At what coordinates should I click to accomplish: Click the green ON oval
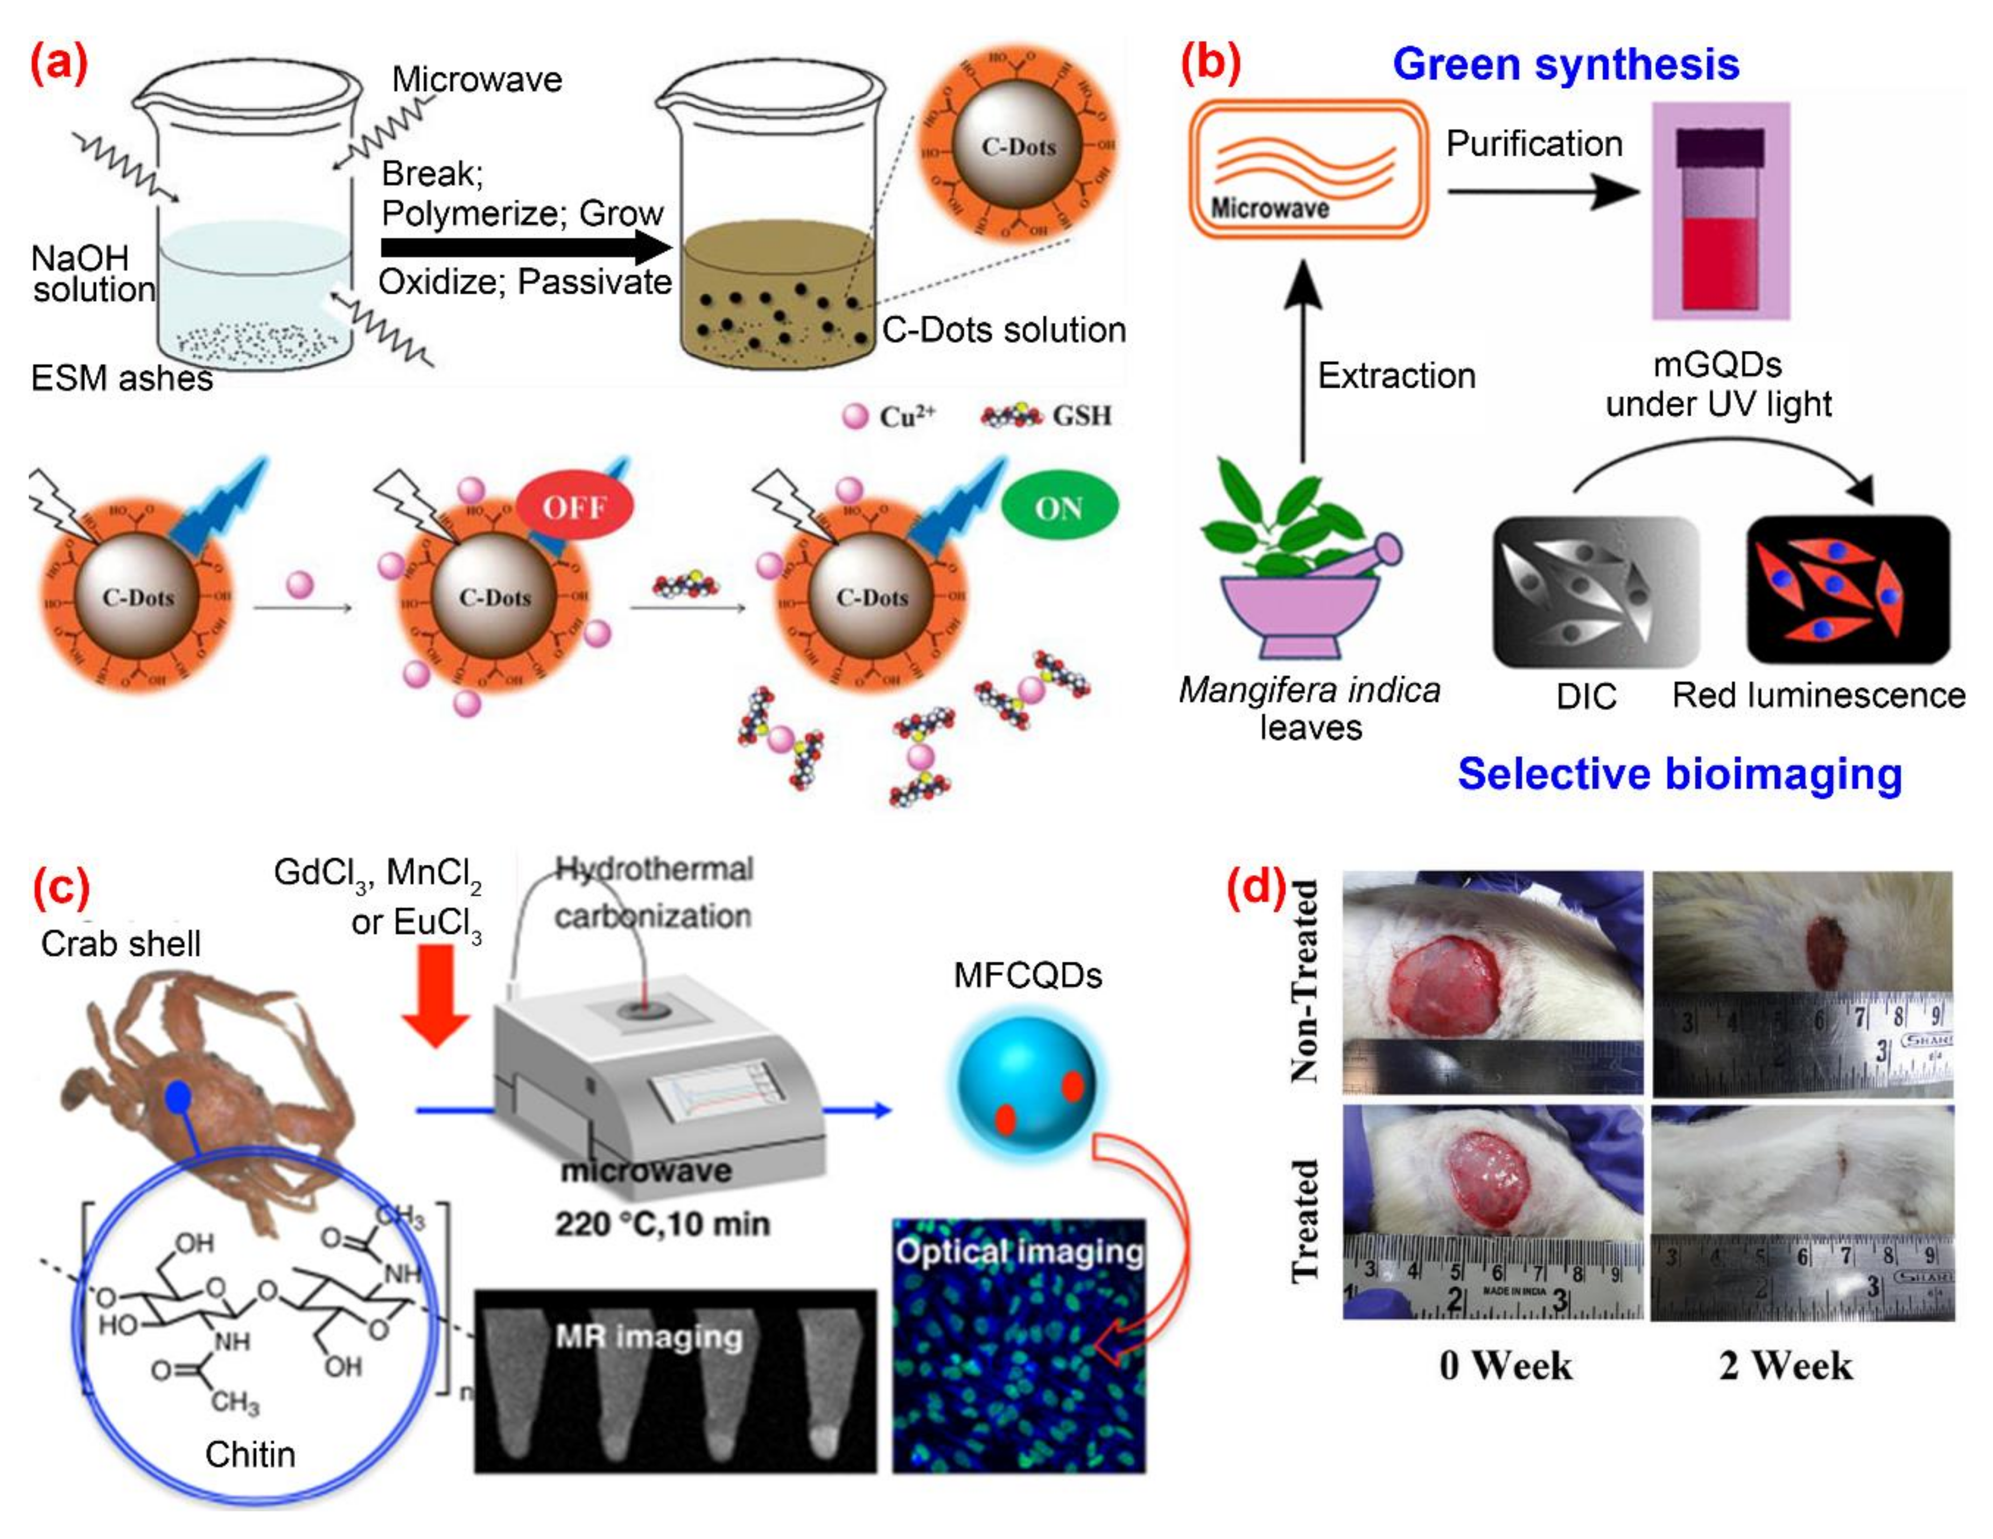click(x=1058, y=507)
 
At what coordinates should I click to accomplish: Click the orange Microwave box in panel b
click(x=1308, y=171)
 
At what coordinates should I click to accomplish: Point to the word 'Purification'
click(x=1534, y=144)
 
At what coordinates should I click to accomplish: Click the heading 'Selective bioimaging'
click(x=1679, y=774)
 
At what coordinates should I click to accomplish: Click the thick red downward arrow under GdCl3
click(x=436, y=994)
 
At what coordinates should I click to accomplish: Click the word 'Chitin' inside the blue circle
click(x=250, y=1454)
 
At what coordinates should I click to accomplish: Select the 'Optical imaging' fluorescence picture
click(x=1019, y=1346)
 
